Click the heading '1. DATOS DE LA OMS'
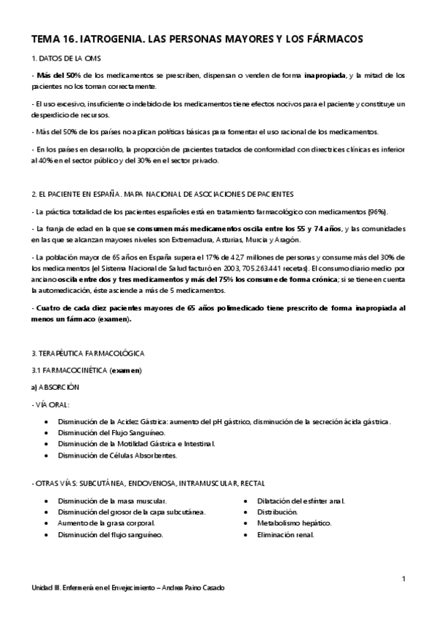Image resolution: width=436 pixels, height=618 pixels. coord(62,58)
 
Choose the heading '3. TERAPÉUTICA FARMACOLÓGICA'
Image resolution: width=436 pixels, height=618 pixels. coord(87,353)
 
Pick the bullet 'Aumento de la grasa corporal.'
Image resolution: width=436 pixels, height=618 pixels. coord(106,523)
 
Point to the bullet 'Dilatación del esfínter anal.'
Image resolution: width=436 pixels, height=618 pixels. coord(301,501)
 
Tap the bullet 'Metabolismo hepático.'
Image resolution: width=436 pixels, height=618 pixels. coord(294,523)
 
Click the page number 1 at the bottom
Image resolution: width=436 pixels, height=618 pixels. coord(403,579)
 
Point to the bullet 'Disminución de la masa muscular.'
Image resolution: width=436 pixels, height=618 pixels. coord(112,501)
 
